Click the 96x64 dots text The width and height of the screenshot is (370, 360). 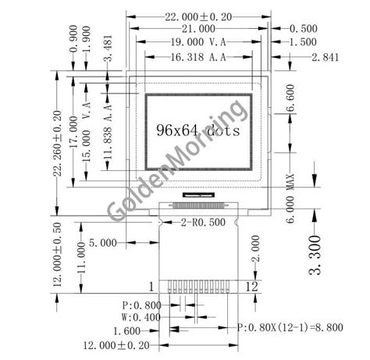coord(197,130)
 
